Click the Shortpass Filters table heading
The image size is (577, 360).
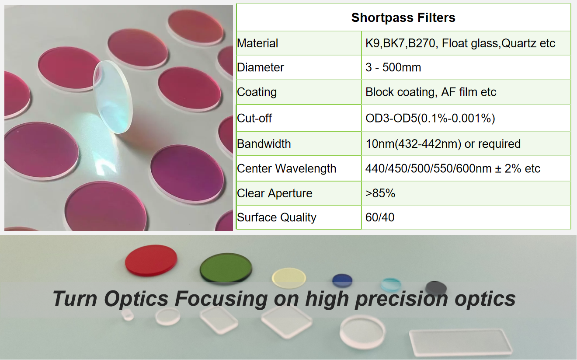coord(403,18)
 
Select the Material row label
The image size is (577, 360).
coord(257,43)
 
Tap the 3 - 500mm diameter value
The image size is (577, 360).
coord(393,67)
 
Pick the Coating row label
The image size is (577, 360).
coord(257,92)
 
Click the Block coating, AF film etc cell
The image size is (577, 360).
coord(431,92)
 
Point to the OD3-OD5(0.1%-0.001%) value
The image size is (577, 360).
coord(430,118)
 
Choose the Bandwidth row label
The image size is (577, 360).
coord(264,144)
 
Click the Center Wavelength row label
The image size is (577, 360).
coord(286,168)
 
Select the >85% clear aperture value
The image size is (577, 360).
coord(380,193)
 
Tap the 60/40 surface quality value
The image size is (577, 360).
coord(380,217)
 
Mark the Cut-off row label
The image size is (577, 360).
coord(254,118)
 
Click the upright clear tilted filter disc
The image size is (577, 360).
coord(113,97)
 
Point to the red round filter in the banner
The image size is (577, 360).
coord(151,261)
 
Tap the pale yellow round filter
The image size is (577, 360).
coord(289,278)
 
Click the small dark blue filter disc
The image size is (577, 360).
coord(342,280)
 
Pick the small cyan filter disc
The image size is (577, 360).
coord(391,284)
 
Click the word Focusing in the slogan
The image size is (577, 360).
coord(221,299)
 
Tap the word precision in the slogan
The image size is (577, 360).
coord(401,299)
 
